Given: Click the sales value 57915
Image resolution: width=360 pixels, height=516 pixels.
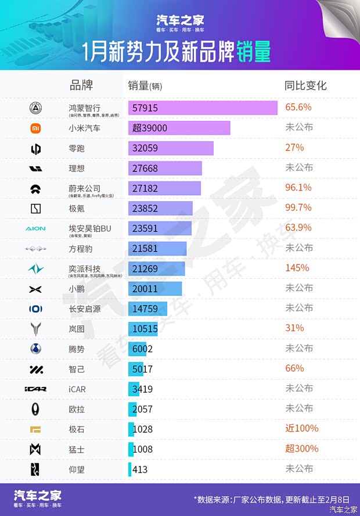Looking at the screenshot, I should [x=145, y=108].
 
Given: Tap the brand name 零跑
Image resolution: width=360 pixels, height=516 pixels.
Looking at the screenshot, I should [x=77, y=148].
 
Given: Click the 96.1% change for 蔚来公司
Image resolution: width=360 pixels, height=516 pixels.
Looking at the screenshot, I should [x=298, y=188].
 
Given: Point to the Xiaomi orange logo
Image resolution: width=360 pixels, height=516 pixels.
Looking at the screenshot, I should [x=36, y=128].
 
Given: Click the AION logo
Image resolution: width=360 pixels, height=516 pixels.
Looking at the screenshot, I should [x=35, y=228].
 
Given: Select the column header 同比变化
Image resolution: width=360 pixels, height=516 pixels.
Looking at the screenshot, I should [x=305, y=85].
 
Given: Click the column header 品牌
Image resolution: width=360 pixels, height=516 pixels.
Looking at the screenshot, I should [x=81, y=85].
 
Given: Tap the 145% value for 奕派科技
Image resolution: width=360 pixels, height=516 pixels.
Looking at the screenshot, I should [x=297, y=268].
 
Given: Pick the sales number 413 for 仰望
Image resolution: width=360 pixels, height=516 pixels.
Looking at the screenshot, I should [x=140, y=470].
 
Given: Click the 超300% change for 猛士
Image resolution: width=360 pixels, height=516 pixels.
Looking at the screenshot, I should [x=302, y=449].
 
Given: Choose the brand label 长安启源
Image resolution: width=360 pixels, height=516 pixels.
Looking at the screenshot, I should [x=85, y=309].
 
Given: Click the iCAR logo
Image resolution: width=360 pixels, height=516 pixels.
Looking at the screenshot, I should [x=35, y=389].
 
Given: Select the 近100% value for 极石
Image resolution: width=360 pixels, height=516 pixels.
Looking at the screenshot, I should [x=302, y=428].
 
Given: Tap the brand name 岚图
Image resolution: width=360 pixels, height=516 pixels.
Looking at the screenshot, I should [x=77, y=329].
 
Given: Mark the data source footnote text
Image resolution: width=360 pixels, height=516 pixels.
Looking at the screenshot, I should [x=272, y=499].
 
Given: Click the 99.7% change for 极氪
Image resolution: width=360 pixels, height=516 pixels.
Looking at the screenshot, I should [x=298, y=207].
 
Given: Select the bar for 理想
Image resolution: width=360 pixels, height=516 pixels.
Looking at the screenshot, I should [x=165, y=168].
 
